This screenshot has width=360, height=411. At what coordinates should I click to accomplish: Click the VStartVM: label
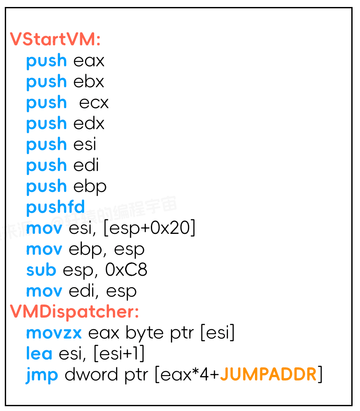click(55, 40)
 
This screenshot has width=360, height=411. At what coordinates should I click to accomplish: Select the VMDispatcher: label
click(75, 312)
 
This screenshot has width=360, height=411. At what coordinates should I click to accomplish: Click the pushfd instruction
click(55, 207)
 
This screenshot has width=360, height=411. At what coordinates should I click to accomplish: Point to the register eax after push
click(89, 61)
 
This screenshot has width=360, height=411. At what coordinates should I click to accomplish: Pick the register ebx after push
click(89, 82)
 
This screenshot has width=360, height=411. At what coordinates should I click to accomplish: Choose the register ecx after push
click(94, 103)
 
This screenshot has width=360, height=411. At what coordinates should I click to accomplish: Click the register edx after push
click(89, 123)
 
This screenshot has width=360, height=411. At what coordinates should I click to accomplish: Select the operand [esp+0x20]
click(149, 228)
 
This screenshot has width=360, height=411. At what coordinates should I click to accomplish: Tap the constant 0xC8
click(126, 270)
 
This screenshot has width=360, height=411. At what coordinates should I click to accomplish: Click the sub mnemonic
click(41, 270)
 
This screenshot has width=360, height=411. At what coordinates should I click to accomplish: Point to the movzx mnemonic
click(54, 333)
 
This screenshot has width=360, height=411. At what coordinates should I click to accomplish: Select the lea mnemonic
click(39, 354)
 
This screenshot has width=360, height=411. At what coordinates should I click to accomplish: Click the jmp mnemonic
click(42, 375)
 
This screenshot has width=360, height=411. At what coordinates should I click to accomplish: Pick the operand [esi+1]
click(119, 354)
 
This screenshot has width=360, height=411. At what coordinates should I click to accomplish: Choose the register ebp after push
click(90, 186)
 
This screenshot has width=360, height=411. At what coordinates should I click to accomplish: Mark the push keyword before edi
click(47, 165)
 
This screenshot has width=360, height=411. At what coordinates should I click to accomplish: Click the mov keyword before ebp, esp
click(44, 249)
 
